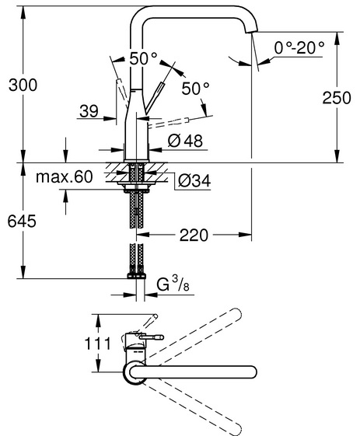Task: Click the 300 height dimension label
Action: point(23,85)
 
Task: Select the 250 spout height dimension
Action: point(337,98)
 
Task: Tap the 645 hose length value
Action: point(22,221)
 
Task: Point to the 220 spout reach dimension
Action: point(194,235)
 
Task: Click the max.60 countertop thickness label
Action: point(65,176)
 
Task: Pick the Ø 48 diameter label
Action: point(185,141)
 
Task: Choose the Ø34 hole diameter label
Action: point(194,181)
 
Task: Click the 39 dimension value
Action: point(89,111)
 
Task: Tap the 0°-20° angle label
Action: point(299,47)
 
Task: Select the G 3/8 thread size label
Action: point(173,284)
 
